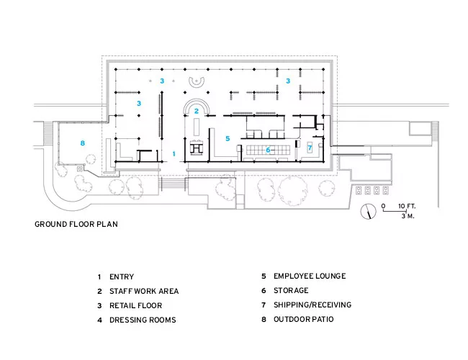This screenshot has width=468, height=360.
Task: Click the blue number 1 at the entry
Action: pyautogui.click(x=174, y=154)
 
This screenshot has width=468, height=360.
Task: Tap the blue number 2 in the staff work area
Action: pyautogui.click(x=196, y=111)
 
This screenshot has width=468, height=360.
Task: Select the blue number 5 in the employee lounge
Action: pyautogui.click(x=228, y=138)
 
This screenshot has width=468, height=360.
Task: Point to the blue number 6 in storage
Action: pyautogui.click(x=268, y=150)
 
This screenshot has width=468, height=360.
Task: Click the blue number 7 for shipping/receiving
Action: pyautogui.click(x=310, y=148)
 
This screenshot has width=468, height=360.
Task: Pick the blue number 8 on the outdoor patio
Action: pyautogui.click(x=82, y=143)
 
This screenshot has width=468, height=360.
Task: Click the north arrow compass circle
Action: pyautogui.click(x=368, y=212)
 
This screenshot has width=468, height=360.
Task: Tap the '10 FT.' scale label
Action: pyautogui.click(x=407, y=206)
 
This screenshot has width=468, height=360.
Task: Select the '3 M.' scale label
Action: pyautogui.click(x=408, y=216)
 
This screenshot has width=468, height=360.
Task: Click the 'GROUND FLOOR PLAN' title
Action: pyautogui.click(x=76, y=224)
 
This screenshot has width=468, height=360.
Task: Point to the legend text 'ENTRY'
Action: pyautogui.click(x=122, y=276)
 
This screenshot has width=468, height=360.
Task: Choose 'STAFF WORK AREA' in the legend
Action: pyautogui.click(x=144, y=291)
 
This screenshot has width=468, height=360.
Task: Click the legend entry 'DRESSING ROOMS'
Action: pyautogui.click(x=143, y=320)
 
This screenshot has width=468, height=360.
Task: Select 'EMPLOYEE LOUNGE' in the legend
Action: pyautogui.click(x=310, y=276)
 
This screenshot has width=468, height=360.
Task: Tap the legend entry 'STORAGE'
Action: pyautogui.click(x=291, y=290)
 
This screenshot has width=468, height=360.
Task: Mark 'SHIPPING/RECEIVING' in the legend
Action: pyautogui.click(x=312, y=305)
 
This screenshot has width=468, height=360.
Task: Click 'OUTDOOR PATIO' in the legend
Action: pyautogui.click(x=304, y=319)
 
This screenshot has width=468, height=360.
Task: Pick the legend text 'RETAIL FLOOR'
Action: pyautogui.click(x=136, y=306)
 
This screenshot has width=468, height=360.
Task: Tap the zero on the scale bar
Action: pyautogui.click(x=383, y=206)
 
